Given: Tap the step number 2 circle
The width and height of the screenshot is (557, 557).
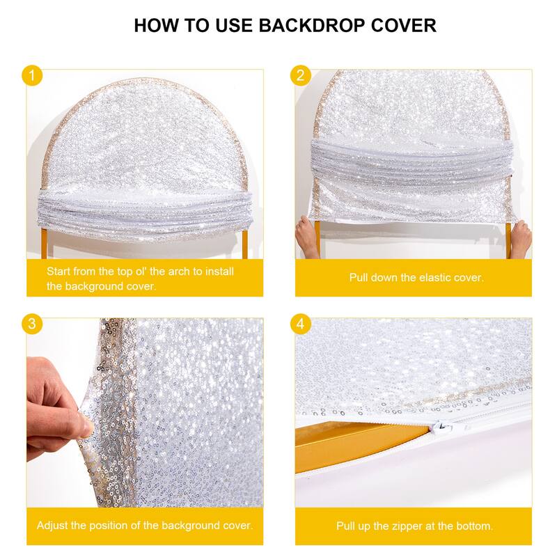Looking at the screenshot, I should click(x=301, y=75).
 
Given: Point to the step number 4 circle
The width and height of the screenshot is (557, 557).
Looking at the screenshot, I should click(x=301, y=324).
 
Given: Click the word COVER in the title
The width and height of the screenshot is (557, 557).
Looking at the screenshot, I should click(x=403, y=26).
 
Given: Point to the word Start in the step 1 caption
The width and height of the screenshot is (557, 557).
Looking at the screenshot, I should click(x=59, y=271).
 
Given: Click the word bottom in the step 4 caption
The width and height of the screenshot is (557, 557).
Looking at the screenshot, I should click(x=475, y=526).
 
